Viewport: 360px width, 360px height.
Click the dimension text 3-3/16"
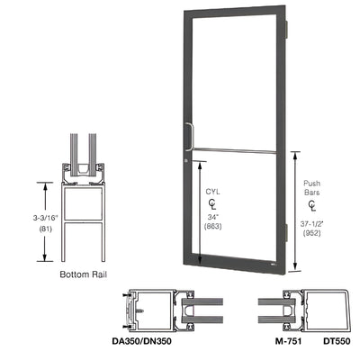click(x=20, y=216)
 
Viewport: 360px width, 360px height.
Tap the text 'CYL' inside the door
click(x=213, y=192)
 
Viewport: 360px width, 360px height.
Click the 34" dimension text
click(x=213, y=218)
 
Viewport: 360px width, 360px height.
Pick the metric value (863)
click(x=213, y=228)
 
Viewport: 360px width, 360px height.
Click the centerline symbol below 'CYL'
click(x=213, y=204)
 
